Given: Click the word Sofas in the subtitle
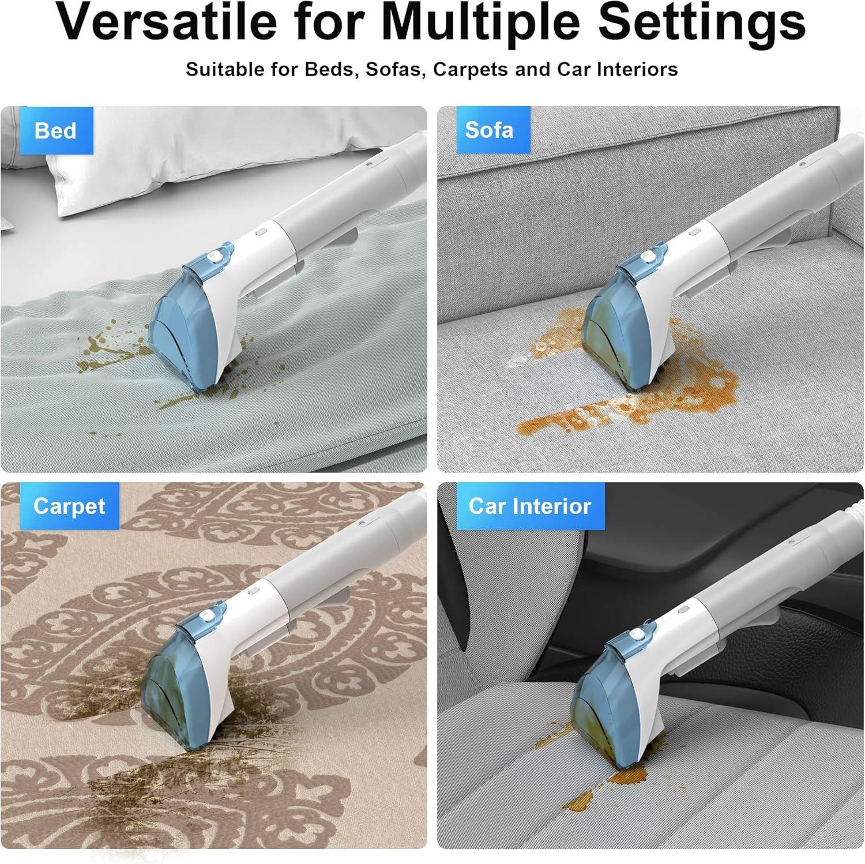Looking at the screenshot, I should (396, 69).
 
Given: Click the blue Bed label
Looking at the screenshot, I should (56, 130).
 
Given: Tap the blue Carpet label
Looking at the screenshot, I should (69, 506).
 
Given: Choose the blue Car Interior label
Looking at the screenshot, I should (530, 506).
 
